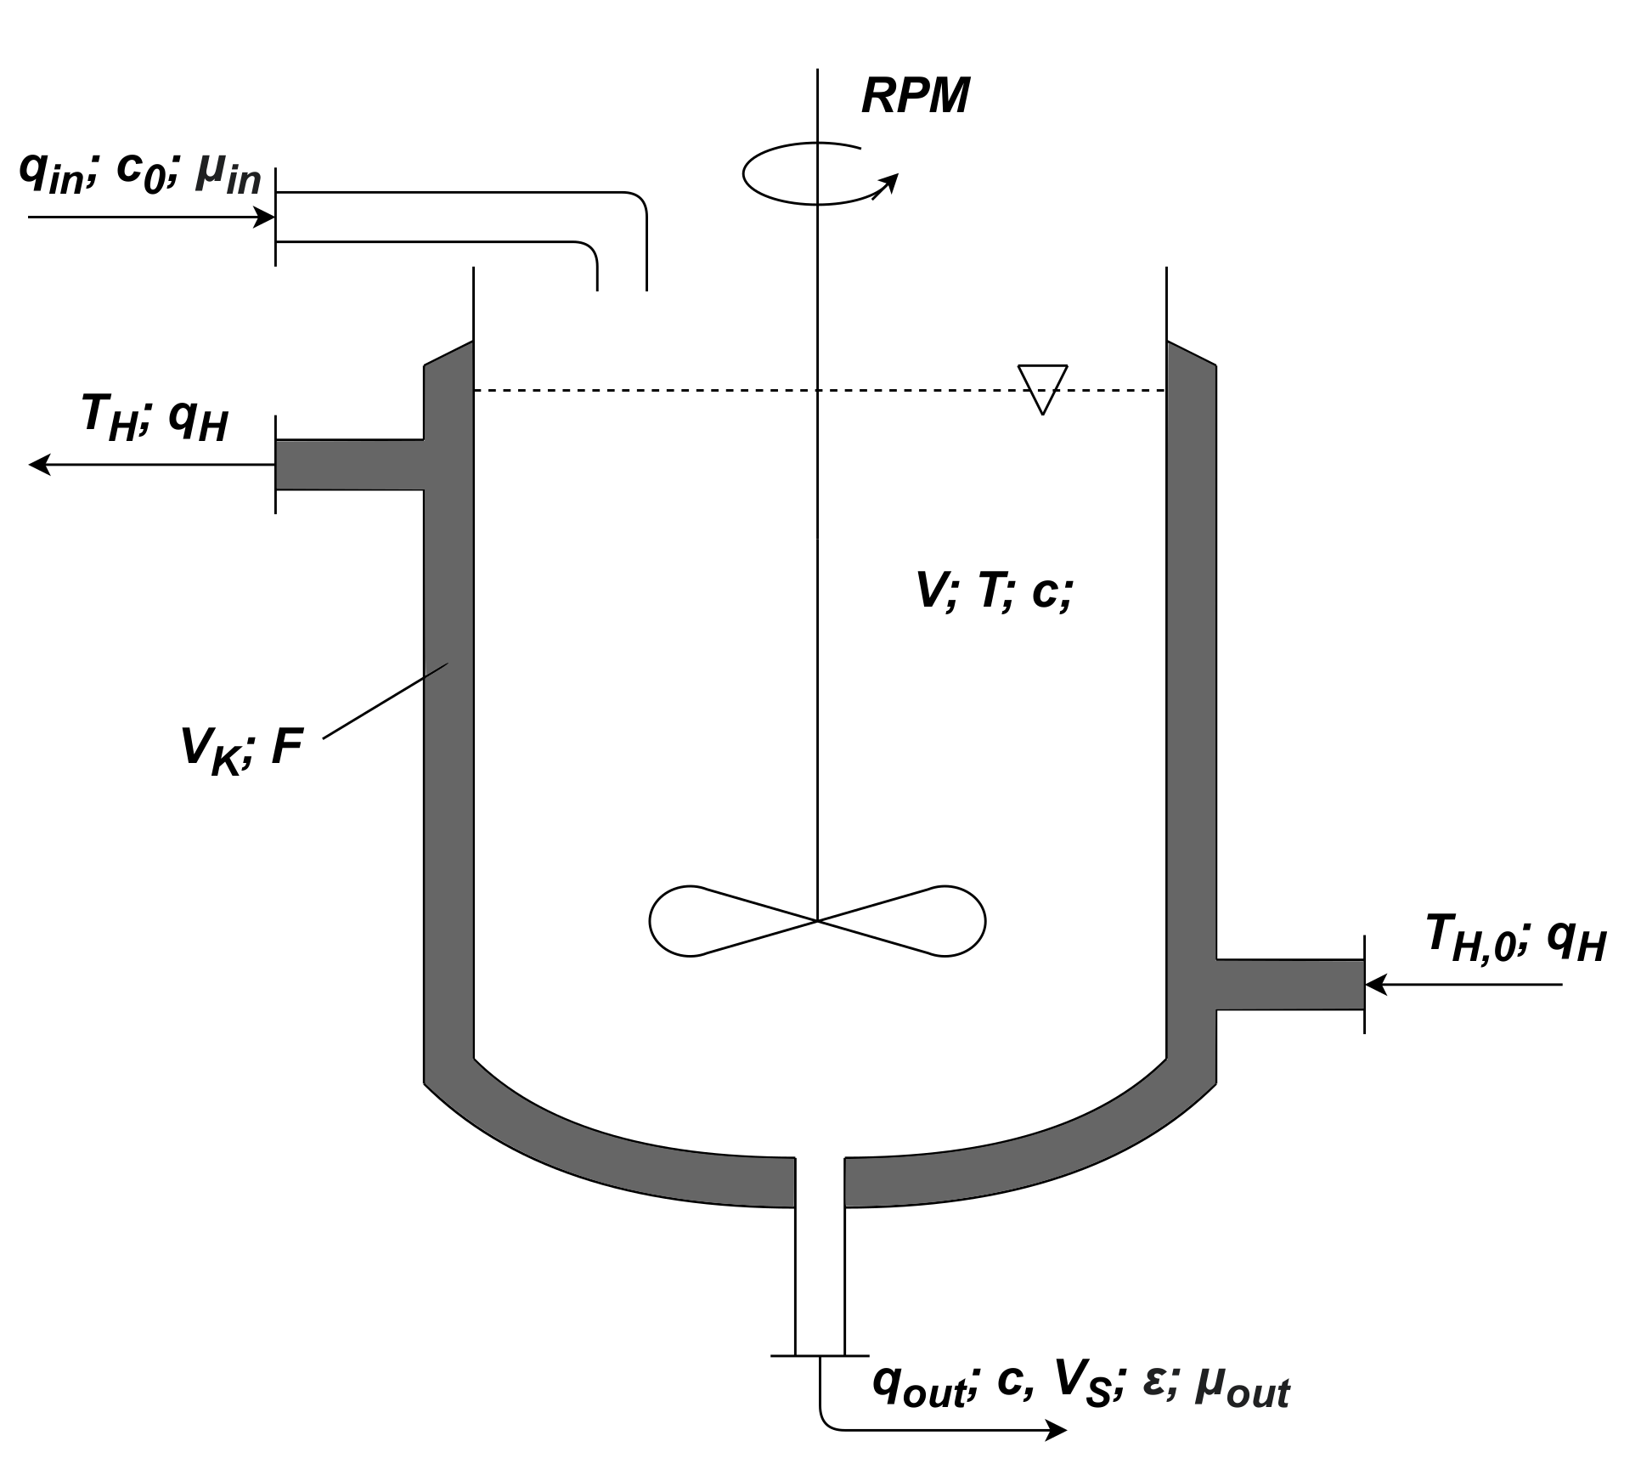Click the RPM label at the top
click(915, 96)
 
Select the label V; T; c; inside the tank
click(993, 591)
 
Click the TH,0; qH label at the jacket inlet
click(1514, 938)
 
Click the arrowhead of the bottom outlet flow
click(1056, 1430)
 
